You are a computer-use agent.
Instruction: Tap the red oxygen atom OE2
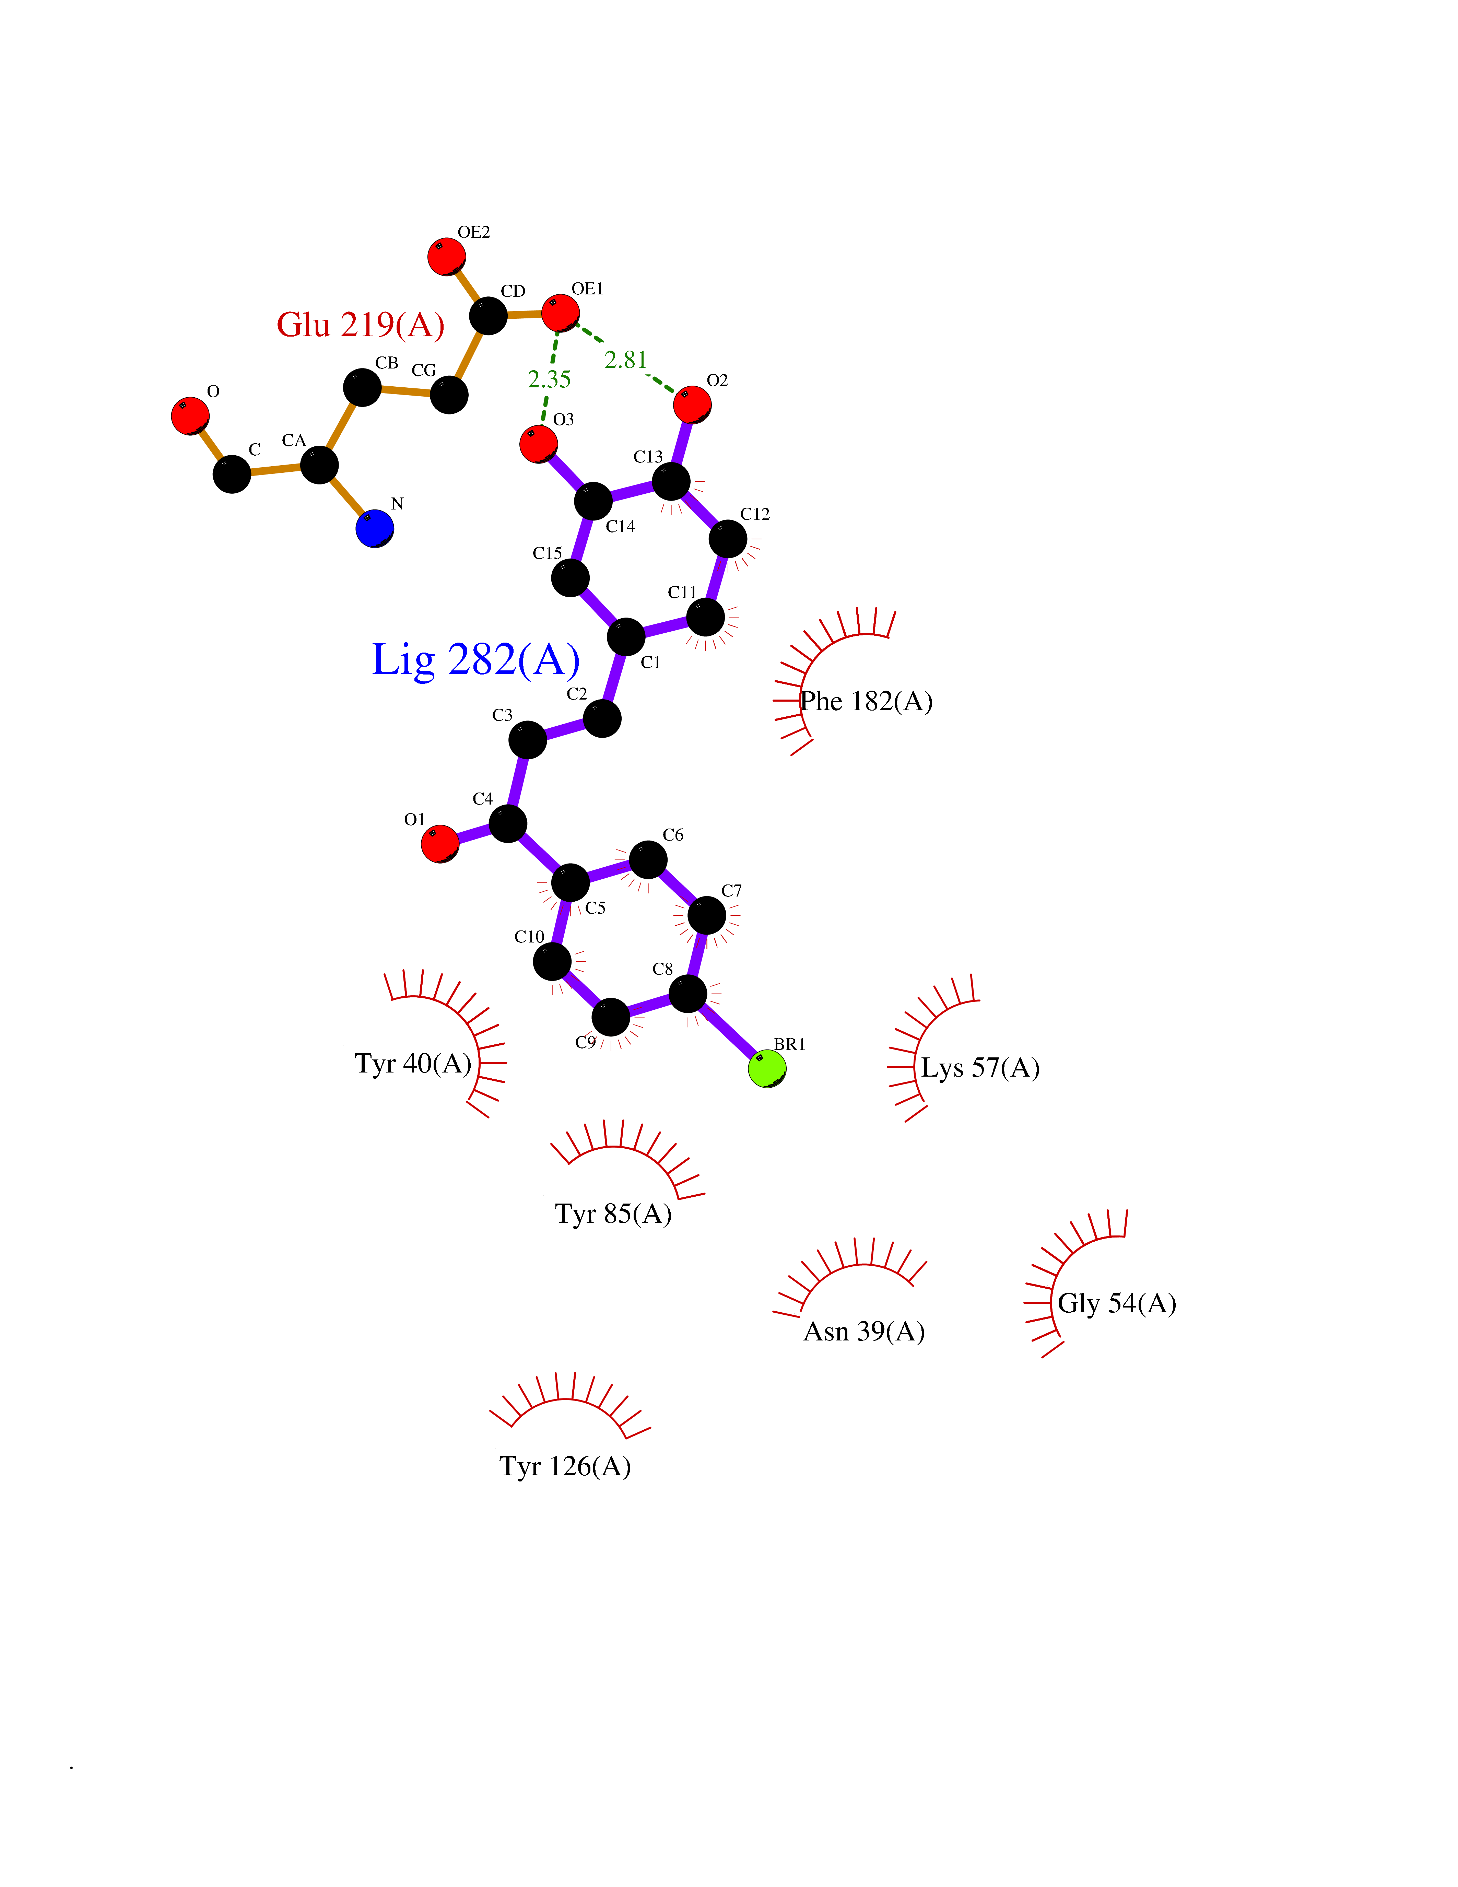pyautogui.click(x=447, y=257)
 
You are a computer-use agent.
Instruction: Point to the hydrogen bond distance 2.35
pyautogui.click(x=549, y=379)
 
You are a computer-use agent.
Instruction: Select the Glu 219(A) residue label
pyautogui.click(x=360, y=325)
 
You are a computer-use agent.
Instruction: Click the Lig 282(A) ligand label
pyautogui.click(x=475, y=660)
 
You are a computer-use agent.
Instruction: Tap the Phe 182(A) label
pyautogui.click(x=866, y=702)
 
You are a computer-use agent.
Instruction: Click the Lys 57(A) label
pyautogui.click(x=979, y=1068)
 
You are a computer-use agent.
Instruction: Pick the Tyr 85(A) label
pyautogui.click(x=613, y=1214)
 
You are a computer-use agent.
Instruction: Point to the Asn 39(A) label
pyautogui.click(x=864, y=1332)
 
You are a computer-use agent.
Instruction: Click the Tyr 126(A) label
pyautogui.click(x=565, y=1466)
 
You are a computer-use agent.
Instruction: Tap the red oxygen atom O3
pyautogui.click(x=538, y=444)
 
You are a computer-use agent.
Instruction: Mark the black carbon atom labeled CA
pyautogui.click(x=319, y=465)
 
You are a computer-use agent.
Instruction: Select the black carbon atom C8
pyautogui.click(x=687, y=994)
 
